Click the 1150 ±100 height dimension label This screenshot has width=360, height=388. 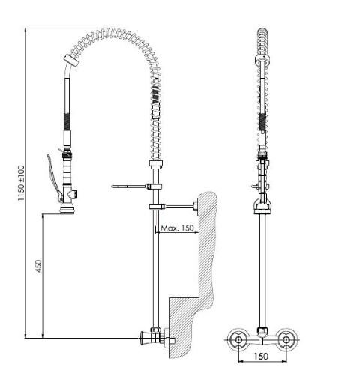pos(21,184)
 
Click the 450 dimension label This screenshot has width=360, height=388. pos(39,266)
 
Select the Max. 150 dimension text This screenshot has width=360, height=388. pos(177,228)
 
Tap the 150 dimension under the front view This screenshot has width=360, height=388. pos(261,356)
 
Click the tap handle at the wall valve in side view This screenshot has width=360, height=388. pos(145,338)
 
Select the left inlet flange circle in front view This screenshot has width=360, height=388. pos(238,339)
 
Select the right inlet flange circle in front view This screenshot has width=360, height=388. pos(286,339)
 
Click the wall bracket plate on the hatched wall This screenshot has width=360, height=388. pos(196,206)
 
